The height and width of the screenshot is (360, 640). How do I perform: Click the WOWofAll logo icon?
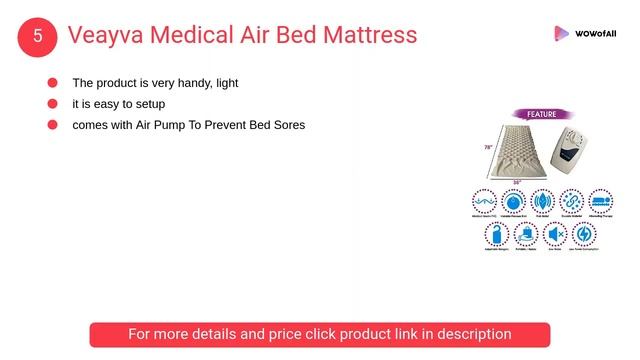(x=562, y=34)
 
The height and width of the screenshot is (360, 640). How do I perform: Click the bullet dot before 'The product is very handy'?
(x=52, y=83)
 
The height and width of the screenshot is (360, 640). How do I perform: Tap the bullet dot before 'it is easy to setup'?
(x=52, y=104)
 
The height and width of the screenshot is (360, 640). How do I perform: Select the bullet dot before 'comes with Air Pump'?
(x=52, y=125)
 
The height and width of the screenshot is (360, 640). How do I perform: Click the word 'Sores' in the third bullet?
(x=287, y=125)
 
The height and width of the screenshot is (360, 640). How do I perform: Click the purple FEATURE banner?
(x=541, y=114)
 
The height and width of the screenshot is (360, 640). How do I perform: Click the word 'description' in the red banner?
(x=467, y=334)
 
